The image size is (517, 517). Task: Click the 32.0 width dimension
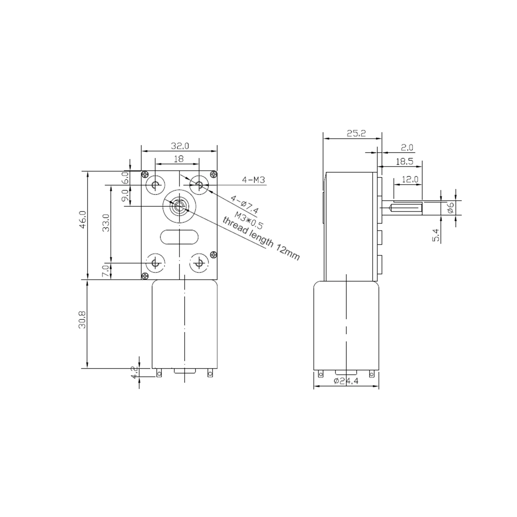click(180, 146)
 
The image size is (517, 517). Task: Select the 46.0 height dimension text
click(83, 220)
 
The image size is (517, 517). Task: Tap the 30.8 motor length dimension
click(83, 320)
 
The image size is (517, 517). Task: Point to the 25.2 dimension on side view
click(357, 133)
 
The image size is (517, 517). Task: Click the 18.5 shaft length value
click(404, 161)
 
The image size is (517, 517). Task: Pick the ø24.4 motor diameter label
click(346, 381)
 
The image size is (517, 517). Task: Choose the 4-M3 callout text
click(253, 180)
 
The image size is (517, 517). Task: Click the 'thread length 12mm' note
click(261, 238)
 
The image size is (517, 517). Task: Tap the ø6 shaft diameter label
click(451, 207)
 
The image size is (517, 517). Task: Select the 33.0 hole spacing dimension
click(106, 223)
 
